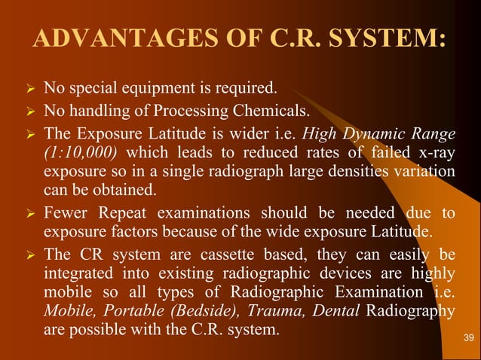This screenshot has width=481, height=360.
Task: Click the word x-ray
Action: pos(435,153)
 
